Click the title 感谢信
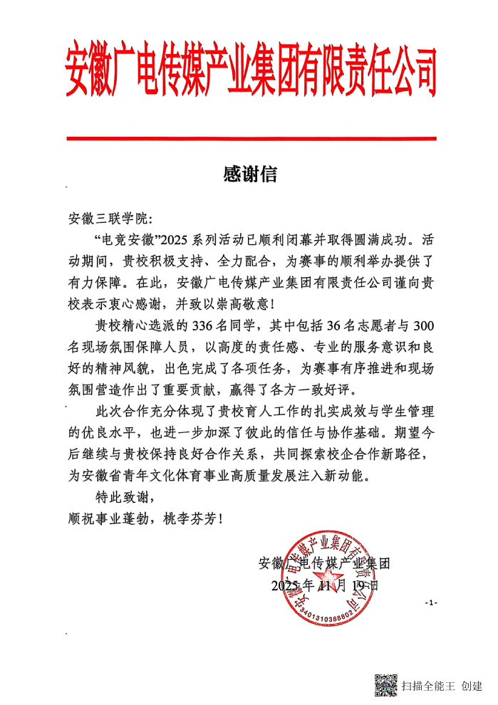pos(249,174)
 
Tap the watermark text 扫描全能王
pos(428,686)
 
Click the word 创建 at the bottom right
pos(472,686)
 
